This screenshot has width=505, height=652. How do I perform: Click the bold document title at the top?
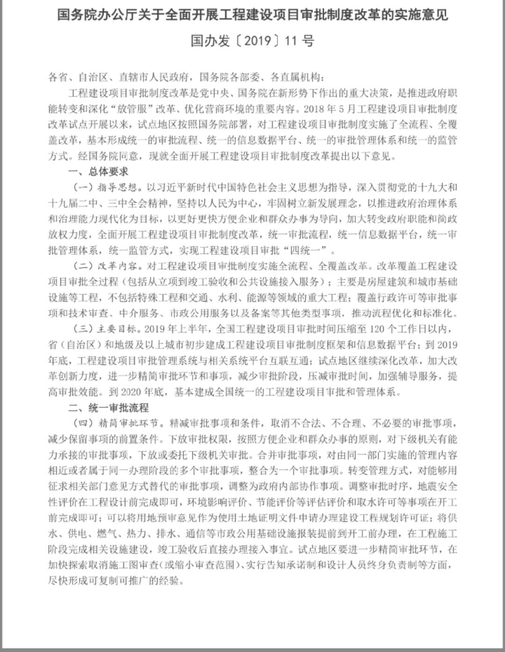pos(252,15)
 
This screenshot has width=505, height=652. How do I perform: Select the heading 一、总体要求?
pos(98,172)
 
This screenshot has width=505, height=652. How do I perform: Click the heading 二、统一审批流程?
pos(108,408)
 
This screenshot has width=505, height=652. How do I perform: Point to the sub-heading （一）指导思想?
pos(106,188)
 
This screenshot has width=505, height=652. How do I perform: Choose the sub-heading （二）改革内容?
pos(106,267)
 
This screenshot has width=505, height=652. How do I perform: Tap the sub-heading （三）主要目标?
pos(106,329)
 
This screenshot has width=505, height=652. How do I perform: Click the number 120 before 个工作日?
pos(377,329)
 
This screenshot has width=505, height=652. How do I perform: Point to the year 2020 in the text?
pos(130,392)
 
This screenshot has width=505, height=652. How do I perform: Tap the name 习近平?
pos(178,188)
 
